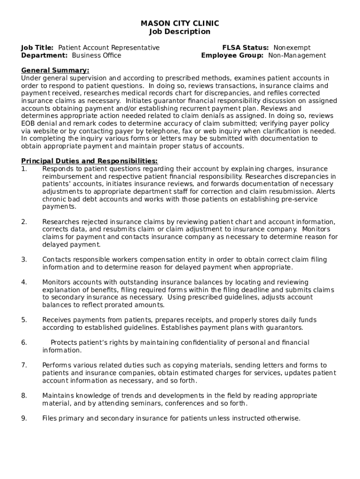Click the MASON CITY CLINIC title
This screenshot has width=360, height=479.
[x=180, y=23]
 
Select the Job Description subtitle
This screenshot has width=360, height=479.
[x=180, y=32]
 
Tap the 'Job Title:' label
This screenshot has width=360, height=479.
[x=37, y=48]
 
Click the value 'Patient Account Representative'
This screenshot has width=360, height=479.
[x=108, y=48]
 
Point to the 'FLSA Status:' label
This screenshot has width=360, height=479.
[x=245, y=48]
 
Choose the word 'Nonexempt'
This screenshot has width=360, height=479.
[x=292, y=48]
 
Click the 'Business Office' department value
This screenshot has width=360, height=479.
[x=96, y=56]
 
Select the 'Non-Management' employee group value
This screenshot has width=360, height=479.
[x=297, y=56]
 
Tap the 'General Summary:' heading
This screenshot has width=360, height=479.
[x=55, y=70]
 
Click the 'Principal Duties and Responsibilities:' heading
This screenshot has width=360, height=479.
[x=89, y=161]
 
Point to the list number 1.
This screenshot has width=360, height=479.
[x=24, y=169]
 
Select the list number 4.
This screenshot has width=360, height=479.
[x=24, y=282]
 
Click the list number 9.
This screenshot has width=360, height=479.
[x=24, y=418]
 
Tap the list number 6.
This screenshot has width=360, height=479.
[x=24, y=342]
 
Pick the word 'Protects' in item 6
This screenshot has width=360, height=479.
[x=65, y=342]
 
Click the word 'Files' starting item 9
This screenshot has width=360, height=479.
[x=50, y=418]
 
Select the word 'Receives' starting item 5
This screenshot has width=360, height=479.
[x=56, y=320]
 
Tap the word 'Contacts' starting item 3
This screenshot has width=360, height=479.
[x=56, y=260]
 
